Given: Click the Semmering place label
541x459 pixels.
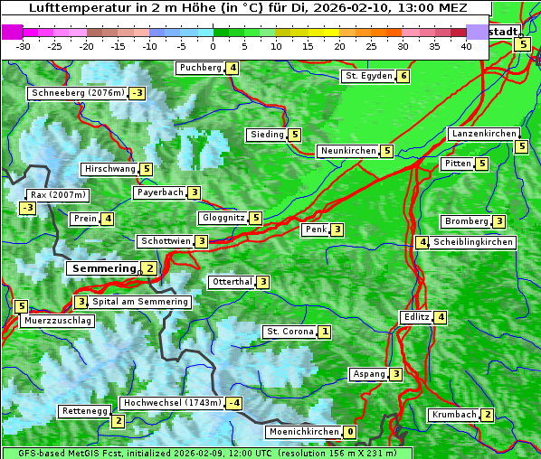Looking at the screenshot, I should (x=102, y=268).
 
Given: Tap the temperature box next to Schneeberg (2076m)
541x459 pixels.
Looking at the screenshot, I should (x=138, y=93).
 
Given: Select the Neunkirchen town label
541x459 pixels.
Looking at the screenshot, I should (x=347, y=151).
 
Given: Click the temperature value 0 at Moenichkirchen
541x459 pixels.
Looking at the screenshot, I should (x=350, y=432).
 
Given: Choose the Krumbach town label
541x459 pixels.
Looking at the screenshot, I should (x=453, y=415).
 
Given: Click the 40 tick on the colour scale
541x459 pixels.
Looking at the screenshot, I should (x=466, y=46).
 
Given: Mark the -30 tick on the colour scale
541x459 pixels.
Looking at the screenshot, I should (x=24, y=46).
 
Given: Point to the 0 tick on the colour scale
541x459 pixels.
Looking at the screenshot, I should (x=214, y=46).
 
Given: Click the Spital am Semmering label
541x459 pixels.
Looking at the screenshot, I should (x=140, y=302).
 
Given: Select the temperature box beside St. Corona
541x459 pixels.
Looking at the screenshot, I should (x=324, y=332).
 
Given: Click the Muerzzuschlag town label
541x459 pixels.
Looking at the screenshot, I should (x=59, y=321).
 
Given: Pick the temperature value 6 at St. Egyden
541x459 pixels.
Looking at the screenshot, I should (x=403, y=76).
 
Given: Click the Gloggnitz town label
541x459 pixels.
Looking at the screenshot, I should (x=223, y=218).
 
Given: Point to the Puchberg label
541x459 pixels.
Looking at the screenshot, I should (x=201, y=68).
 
